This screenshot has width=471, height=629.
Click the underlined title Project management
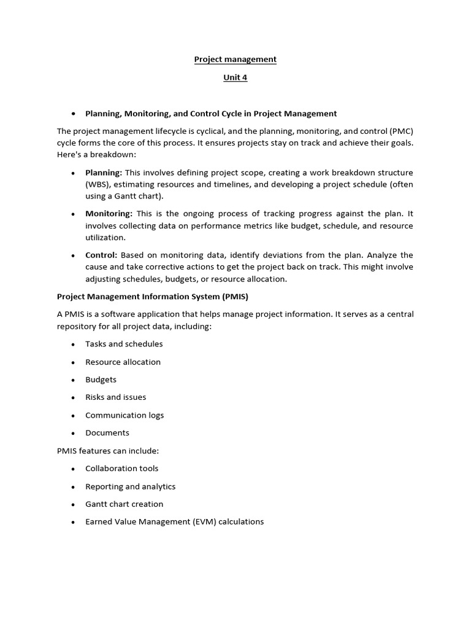point(235,60)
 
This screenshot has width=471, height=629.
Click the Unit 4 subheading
point(235,78)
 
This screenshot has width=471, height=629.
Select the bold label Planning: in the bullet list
point(104,173)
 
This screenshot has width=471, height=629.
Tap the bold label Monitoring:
point(109,214)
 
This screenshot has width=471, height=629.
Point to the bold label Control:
point(101,255)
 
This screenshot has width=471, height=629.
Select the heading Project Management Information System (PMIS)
point(153,297)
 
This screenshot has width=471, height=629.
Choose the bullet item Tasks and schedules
point(124,344)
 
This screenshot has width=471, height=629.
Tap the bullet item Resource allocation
point(123,362)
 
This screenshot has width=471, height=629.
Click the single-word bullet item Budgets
point(101,380)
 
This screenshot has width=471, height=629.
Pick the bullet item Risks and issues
point(115,397)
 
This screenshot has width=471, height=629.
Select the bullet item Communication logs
point(124,415)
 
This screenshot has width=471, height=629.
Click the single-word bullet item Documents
point(107,433)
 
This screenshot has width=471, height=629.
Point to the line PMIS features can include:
point(108,451)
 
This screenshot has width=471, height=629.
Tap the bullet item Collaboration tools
point(121,469)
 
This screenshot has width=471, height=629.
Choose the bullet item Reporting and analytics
point(130,486)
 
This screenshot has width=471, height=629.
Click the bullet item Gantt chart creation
point(124,504)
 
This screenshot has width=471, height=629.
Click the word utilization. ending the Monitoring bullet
point(105,238)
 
